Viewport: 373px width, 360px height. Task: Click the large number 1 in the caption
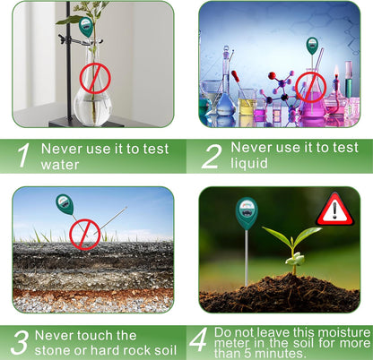pyautogui.click(x=24, y=156)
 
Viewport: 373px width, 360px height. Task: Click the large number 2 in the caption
pyautogui.click(x=210, y=156)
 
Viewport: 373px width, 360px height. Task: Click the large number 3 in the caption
pyautogui.click(x=20, y=342)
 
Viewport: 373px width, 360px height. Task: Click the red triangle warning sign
pyautogui.click(x=334, y=210)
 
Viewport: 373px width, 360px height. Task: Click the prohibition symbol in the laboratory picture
pyautogui.click(x=310, y=86)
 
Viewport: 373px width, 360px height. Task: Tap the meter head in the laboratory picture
pyautogui.click(x=312, y=45)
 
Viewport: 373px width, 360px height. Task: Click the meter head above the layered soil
pyautogui.click(x=65, y=204)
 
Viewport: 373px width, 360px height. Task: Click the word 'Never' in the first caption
pyautogui.click(x=67, y=148)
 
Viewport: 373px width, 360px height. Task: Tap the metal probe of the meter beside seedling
pyautogui.click(x=247, y=260)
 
